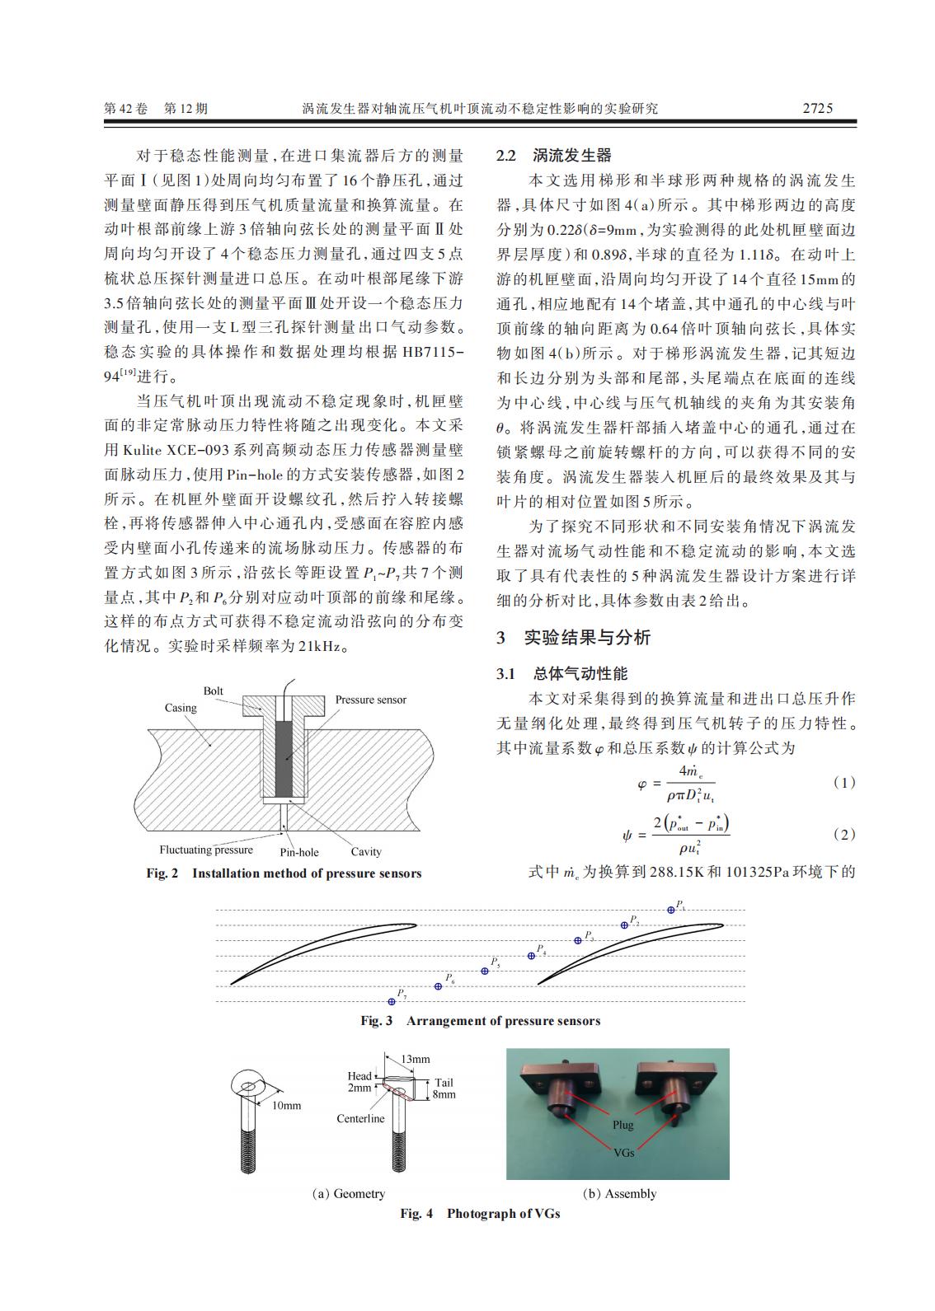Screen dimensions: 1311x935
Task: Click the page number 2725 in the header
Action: [x=817, y=108]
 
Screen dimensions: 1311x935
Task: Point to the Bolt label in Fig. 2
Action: [x=214, y=691]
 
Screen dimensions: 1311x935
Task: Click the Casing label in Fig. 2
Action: [x=181, y=708]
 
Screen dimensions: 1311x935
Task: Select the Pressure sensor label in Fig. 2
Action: [x=370, y=700]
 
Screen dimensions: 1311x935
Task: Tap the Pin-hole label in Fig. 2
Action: [x=298, y=852]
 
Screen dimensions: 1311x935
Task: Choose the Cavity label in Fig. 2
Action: [x=366, y=852]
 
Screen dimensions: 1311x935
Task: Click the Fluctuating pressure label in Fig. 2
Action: [x=206, y=850]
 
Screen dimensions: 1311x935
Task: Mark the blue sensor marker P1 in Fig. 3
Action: [x=671, y=910]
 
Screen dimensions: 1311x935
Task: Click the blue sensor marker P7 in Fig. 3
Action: [x=392, y=1001]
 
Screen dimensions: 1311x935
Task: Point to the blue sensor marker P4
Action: [x=532, y=956]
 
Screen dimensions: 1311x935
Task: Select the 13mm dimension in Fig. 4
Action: [x=415, y=1059]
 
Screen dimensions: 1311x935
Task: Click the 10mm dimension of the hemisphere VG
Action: [x=286, y=1105]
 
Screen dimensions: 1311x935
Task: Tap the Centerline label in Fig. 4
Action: [x=360, y=1118]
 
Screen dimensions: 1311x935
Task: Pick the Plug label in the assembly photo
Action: [x=623, y=1125]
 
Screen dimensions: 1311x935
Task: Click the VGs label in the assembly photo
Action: [x=624, y=1152]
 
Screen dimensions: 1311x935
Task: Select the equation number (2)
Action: [x=844, y=834]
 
